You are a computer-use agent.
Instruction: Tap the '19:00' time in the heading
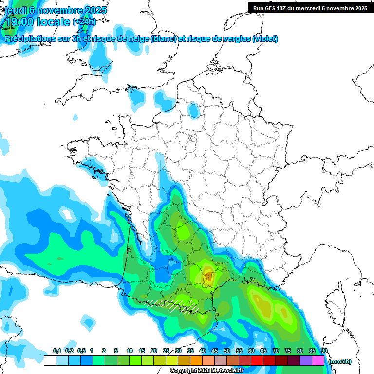click(x=19, y=22)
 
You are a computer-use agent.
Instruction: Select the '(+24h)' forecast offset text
click(x=85, y=22)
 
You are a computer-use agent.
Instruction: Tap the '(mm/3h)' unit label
click(x=340, y=361)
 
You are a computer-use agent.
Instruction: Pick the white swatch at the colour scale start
click(x=50, y=361)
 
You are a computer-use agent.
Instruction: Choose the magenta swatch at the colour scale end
click(x=318, y=361)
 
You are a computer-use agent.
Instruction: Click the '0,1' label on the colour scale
click(x=56, y=351)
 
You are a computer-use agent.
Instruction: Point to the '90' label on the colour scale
click(x=324, y=351)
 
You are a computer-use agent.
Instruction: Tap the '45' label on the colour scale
click(x=215, y=351)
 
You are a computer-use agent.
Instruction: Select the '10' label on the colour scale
click(x=130, y=351)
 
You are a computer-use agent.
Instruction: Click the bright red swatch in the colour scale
click(x=257, y=361)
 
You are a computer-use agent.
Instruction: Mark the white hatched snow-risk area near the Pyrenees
click(x=173, y=305)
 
